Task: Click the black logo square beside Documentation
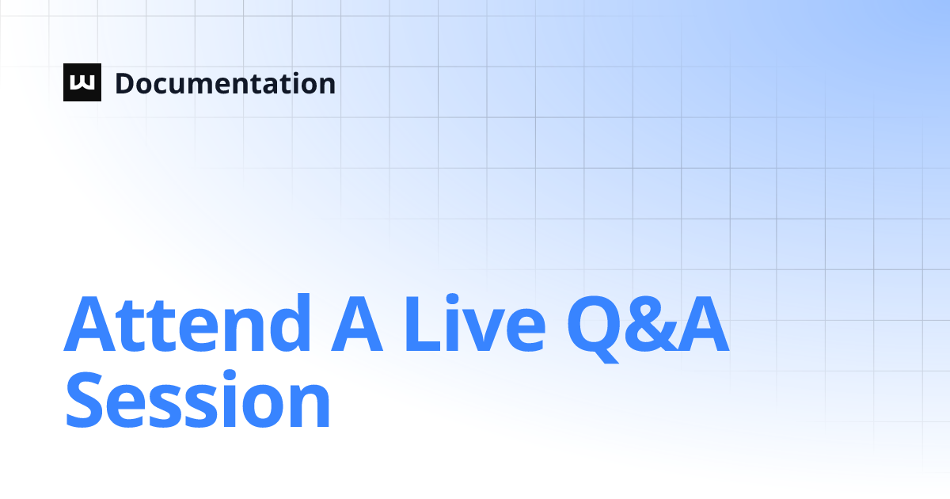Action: point(82,82)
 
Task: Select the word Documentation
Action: point(226,83)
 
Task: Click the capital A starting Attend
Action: point(89,325)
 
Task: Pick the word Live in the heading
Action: point(475,325)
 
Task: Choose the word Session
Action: point(198,402)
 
